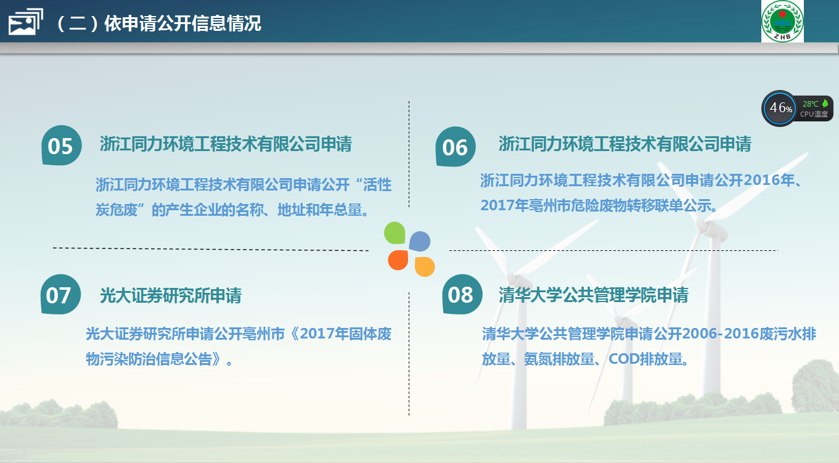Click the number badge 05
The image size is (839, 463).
point(62,145)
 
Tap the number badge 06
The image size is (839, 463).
point(456,147)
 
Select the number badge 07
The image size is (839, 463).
point(60,295)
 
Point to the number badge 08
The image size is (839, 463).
point(462,295)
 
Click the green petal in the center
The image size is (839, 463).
point(395,233)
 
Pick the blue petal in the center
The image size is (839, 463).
point(419,241)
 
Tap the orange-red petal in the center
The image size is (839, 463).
point(398,260)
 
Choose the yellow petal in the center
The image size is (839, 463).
point(425,267)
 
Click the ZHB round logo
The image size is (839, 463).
point(782,21)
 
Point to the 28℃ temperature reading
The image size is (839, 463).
point(810,104)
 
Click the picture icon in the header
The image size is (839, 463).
point(25,22)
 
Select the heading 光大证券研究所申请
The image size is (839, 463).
point(171,295)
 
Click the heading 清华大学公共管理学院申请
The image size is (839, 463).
point(593,295)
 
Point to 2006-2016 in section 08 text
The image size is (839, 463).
point(721,334)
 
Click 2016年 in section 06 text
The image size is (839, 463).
point(769,181)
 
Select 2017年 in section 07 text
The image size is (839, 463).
point(324,334)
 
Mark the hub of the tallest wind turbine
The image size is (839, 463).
point(706,226)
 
